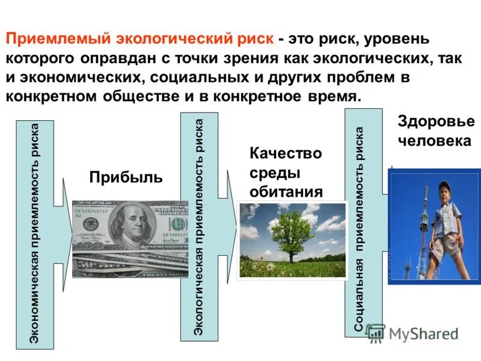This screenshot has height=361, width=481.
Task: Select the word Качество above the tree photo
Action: coord(286,154)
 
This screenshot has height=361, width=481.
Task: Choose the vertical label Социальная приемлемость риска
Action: coord(360,229)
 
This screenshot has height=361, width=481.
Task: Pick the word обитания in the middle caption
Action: coord(286,191)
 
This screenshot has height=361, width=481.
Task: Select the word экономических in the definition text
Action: coord(82,78)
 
